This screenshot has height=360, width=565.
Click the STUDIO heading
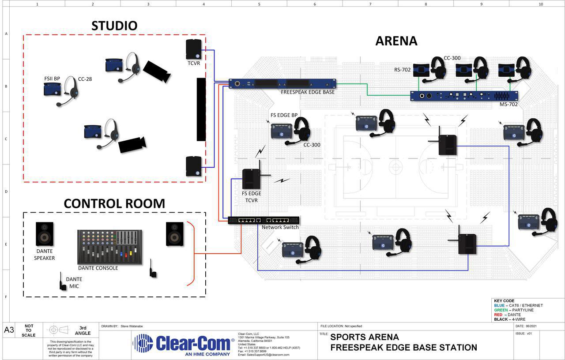114,26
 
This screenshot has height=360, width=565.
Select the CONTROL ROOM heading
114,203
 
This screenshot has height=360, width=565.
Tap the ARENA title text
396,41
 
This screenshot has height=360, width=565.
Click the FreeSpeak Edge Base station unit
282,84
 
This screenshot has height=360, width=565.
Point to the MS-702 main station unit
464,96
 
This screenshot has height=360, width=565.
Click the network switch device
264,220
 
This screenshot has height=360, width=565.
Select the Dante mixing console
110,247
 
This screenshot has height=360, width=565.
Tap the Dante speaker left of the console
45,234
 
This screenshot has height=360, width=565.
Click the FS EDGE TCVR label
251,197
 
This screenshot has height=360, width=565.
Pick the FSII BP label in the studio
52,79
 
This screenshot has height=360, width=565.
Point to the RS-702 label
402,69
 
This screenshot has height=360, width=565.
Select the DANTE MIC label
74,283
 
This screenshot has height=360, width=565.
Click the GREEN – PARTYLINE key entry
514,310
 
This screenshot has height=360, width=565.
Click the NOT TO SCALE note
29,330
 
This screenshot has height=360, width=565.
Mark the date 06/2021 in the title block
531,326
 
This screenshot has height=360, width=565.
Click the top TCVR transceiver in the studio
194,49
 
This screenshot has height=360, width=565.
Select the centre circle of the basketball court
395,167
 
